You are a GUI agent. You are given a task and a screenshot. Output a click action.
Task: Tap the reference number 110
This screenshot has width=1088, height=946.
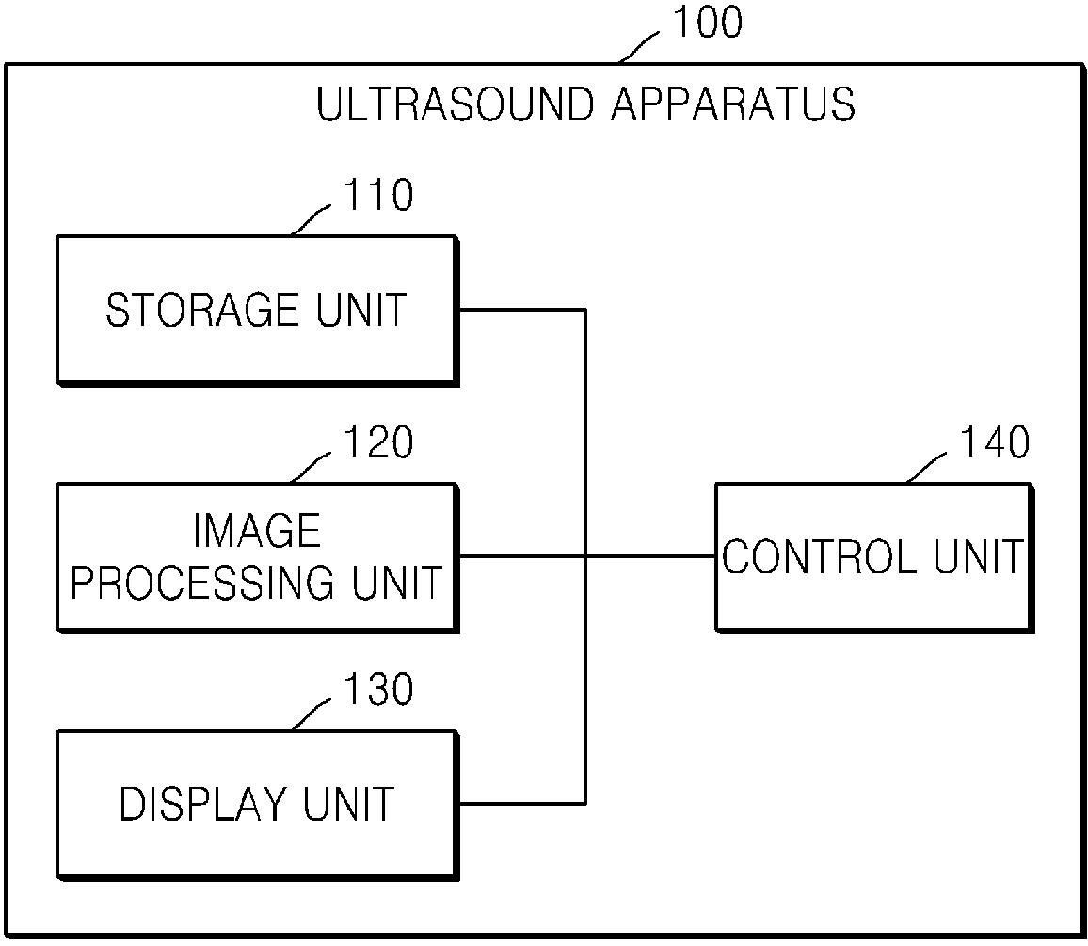(x=377, y=196)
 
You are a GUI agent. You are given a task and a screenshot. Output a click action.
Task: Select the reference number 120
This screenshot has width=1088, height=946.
(x=377, y=442)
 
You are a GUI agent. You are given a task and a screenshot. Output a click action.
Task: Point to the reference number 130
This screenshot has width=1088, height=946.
(x=377, y=690)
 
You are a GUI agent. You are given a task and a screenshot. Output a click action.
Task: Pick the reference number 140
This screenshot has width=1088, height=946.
(x=994, y=442)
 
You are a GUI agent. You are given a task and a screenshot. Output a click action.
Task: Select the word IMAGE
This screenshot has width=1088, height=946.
(x=257, y=532)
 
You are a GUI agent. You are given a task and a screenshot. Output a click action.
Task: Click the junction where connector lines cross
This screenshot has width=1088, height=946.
(x=585, y=556)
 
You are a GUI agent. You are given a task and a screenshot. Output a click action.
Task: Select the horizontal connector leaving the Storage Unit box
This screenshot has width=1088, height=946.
(x=521, y=309)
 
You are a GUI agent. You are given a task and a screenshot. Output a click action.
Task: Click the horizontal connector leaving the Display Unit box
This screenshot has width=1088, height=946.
(x=521, y=804)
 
